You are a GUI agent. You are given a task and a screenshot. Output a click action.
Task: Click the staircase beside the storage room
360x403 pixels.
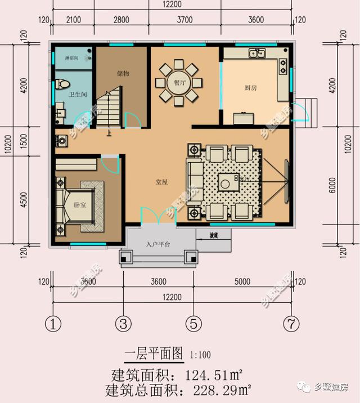point(109,109)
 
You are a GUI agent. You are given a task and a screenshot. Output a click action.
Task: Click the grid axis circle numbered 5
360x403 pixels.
point(193,324)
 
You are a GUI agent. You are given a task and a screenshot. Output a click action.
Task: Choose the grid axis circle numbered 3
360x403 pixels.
point(123,324)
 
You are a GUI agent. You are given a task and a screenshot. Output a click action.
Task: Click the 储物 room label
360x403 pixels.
point(123,74)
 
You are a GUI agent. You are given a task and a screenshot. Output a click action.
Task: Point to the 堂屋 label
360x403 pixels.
point(162,182)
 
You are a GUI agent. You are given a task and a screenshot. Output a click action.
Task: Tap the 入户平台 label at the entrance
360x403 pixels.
point(157,244)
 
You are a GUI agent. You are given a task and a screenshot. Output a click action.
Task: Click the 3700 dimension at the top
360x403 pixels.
point(184,20)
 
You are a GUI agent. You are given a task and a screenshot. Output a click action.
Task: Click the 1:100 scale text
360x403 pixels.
point(200,355)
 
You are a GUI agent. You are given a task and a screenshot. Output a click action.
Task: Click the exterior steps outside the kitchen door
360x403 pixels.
point(306,110)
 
